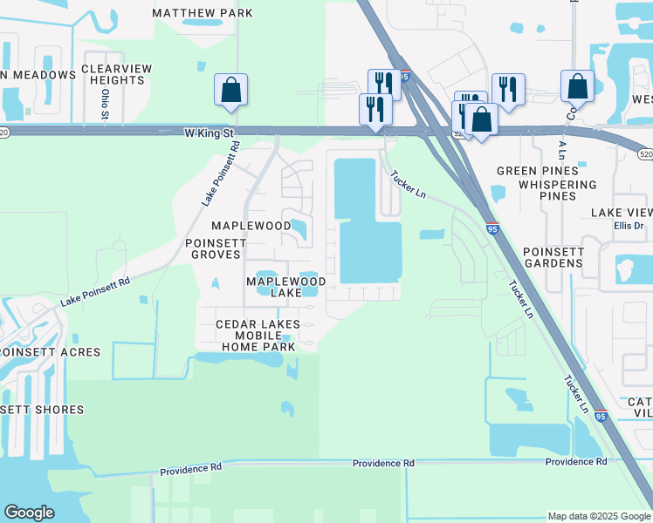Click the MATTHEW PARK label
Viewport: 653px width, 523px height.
coord(203,13)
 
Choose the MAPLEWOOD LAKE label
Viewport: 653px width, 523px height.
coord(285,287)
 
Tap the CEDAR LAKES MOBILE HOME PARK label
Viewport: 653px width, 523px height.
coord(258,335)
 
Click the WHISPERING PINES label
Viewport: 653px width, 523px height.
coord(557,190)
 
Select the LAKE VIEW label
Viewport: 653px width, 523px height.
coord(622,213)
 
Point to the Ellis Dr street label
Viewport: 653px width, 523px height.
coord(628,227)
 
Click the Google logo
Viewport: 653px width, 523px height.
coord(29,513)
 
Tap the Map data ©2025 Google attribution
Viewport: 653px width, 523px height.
coord(599,516)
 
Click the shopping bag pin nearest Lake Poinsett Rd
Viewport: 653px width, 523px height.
coord(230,89)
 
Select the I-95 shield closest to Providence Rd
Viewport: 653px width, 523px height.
coord(601,418)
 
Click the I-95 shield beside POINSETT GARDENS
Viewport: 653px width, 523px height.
coord(492,229)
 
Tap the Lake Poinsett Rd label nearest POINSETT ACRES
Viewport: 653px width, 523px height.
coord(95,291)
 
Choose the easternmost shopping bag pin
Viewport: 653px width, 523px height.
coord(577,85)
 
